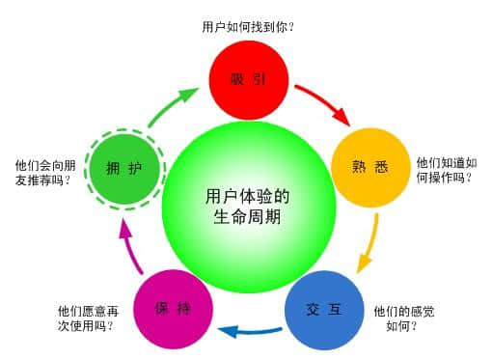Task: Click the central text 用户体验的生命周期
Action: pos(248,207)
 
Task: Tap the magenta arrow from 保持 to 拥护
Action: pos(123,245)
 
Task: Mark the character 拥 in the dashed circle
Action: pos(112,168)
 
